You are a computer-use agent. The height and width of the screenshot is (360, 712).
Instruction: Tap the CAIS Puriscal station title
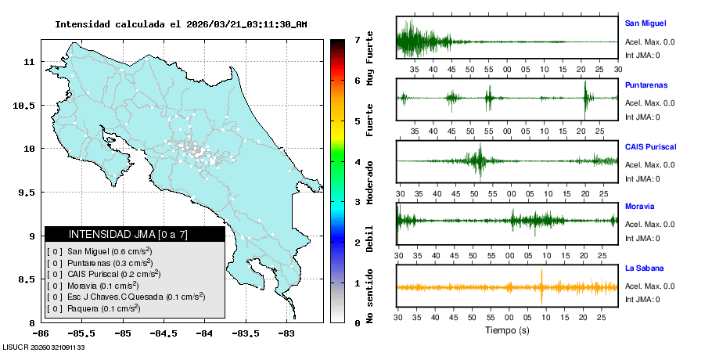click(650, 146)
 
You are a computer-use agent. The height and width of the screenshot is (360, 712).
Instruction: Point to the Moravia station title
click(639, 207)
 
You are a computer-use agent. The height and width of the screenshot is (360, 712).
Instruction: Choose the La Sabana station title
click(644, 268)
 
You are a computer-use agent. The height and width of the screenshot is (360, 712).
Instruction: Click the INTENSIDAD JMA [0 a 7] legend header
click(135, 234)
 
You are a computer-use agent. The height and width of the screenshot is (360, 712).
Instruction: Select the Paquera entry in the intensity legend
click(102, 308)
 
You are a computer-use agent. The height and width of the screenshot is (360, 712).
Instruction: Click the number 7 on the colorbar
click(357, 39)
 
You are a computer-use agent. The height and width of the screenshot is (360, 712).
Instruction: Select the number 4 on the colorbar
click(357, 162)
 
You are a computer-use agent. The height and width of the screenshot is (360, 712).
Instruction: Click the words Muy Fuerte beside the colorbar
click(370, 59)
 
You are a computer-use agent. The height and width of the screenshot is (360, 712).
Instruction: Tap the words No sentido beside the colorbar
click(370, 298)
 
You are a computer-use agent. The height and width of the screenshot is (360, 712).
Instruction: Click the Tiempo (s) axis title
click(506, 330)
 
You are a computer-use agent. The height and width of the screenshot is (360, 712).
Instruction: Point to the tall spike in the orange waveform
click(541, 286)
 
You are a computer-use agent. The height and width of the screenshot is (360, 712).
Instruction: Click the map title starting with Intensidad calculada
click(181, 24)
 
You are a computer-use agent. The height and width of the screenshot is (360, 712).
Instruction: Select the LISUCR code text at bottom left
click(44, 347)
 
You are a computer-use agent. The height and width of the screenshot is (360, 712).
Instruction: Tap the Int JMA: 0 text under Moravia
click(642, 238)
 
